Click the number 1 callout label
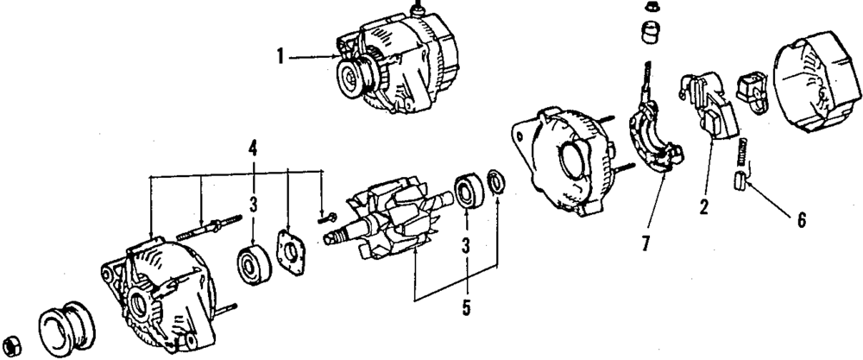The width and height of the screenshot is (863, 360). pyautogui.click(x=280, y=58)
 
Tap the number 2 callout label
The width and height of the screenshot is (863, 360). pyautogui.click(x=704, y=207)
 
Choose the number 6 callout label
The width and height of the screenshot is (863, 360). pyautogui.click(x=801, y=220)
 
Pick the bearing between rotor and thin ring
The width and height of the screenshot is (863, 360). pyautogui.click(x=468, y=192)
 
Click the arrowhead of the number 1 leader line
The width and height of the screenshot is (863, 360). pyautogui.click(x=339, y=58)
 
